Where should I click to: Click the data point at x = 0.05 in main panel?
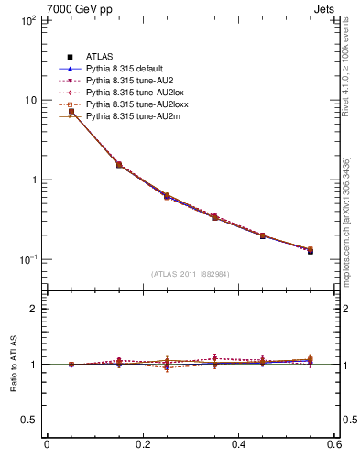click(71, 111)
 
